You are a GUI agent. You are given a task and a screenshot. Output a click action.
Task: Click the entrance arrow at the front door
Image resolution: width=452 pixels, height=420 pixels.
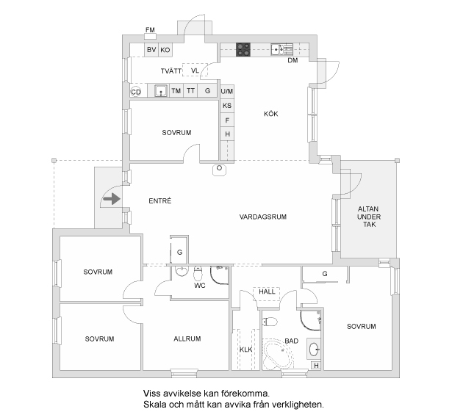point(112,198)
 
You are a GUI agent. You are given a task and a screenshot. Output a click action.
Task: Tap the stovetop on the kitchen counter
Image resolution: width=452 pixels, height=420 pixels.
point(243,49)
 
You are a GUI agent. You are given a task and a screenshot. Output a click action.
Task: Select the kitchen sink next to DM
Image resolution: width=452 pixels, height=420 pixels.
point(281,49)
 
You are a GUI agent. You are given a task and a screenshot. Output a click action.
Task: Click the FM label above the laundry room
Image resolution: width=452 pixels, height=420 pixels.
point(150,29)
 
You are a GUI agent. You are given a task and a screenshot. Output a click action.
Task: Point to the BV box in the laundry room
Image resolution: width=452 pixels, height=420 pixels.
point(151,50)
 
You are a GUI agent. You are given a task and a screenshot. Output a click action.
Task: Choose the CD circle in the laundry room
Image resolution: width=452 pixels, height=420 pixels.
point(136,92)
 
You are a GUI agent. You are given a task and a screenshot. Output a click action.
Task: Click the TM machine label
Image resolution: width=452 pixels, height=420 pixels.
point(176,91)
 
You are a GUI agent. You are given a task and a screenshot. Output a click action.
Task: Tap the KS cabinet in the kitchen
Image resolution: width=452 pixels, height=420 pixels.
point(227,106)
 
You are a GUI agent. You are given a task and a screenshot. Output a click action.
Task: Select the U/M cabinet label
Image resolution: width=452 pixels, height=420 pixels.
point(227,91)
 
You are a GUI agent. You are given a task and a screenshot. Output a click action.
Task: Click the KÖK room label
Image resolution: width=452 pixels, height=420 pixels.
point(271,114)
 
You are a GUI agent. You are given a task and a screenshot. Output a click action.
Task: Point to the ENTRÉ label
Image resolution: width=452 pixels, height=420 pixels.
point(160,200)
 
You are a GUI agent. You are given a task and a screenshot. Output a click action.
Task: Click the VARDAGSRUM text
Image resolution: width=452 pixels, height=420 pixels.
point(263,217)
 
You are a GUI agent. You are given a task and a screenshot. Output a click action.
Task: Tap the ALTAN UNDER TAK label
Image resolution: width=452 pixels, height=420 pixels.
point(369,217)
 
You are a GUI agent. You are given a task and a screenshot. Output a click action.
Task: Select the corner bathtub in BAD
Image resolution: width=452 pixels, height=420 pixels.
point(278,355)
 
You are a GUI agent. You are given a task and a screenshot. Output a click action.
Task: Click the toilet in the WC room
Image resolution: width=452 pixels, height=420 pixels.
point(198,274)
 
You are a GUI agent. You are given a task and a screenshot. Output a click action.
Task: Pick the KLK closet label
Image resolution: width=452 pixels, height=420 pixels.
point(246,350)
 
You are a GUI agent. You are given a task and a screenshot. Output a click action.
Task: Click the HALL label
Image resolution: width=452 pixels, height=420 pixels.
point(267,292)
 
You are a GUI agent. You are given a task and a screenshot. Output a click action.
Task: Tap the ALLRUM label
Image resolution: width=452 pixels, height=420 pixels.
point(187,338)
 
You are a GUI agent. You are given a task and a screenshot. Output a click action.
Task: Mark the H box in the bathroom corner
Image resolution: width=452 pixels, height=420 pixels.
point(316,366)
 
